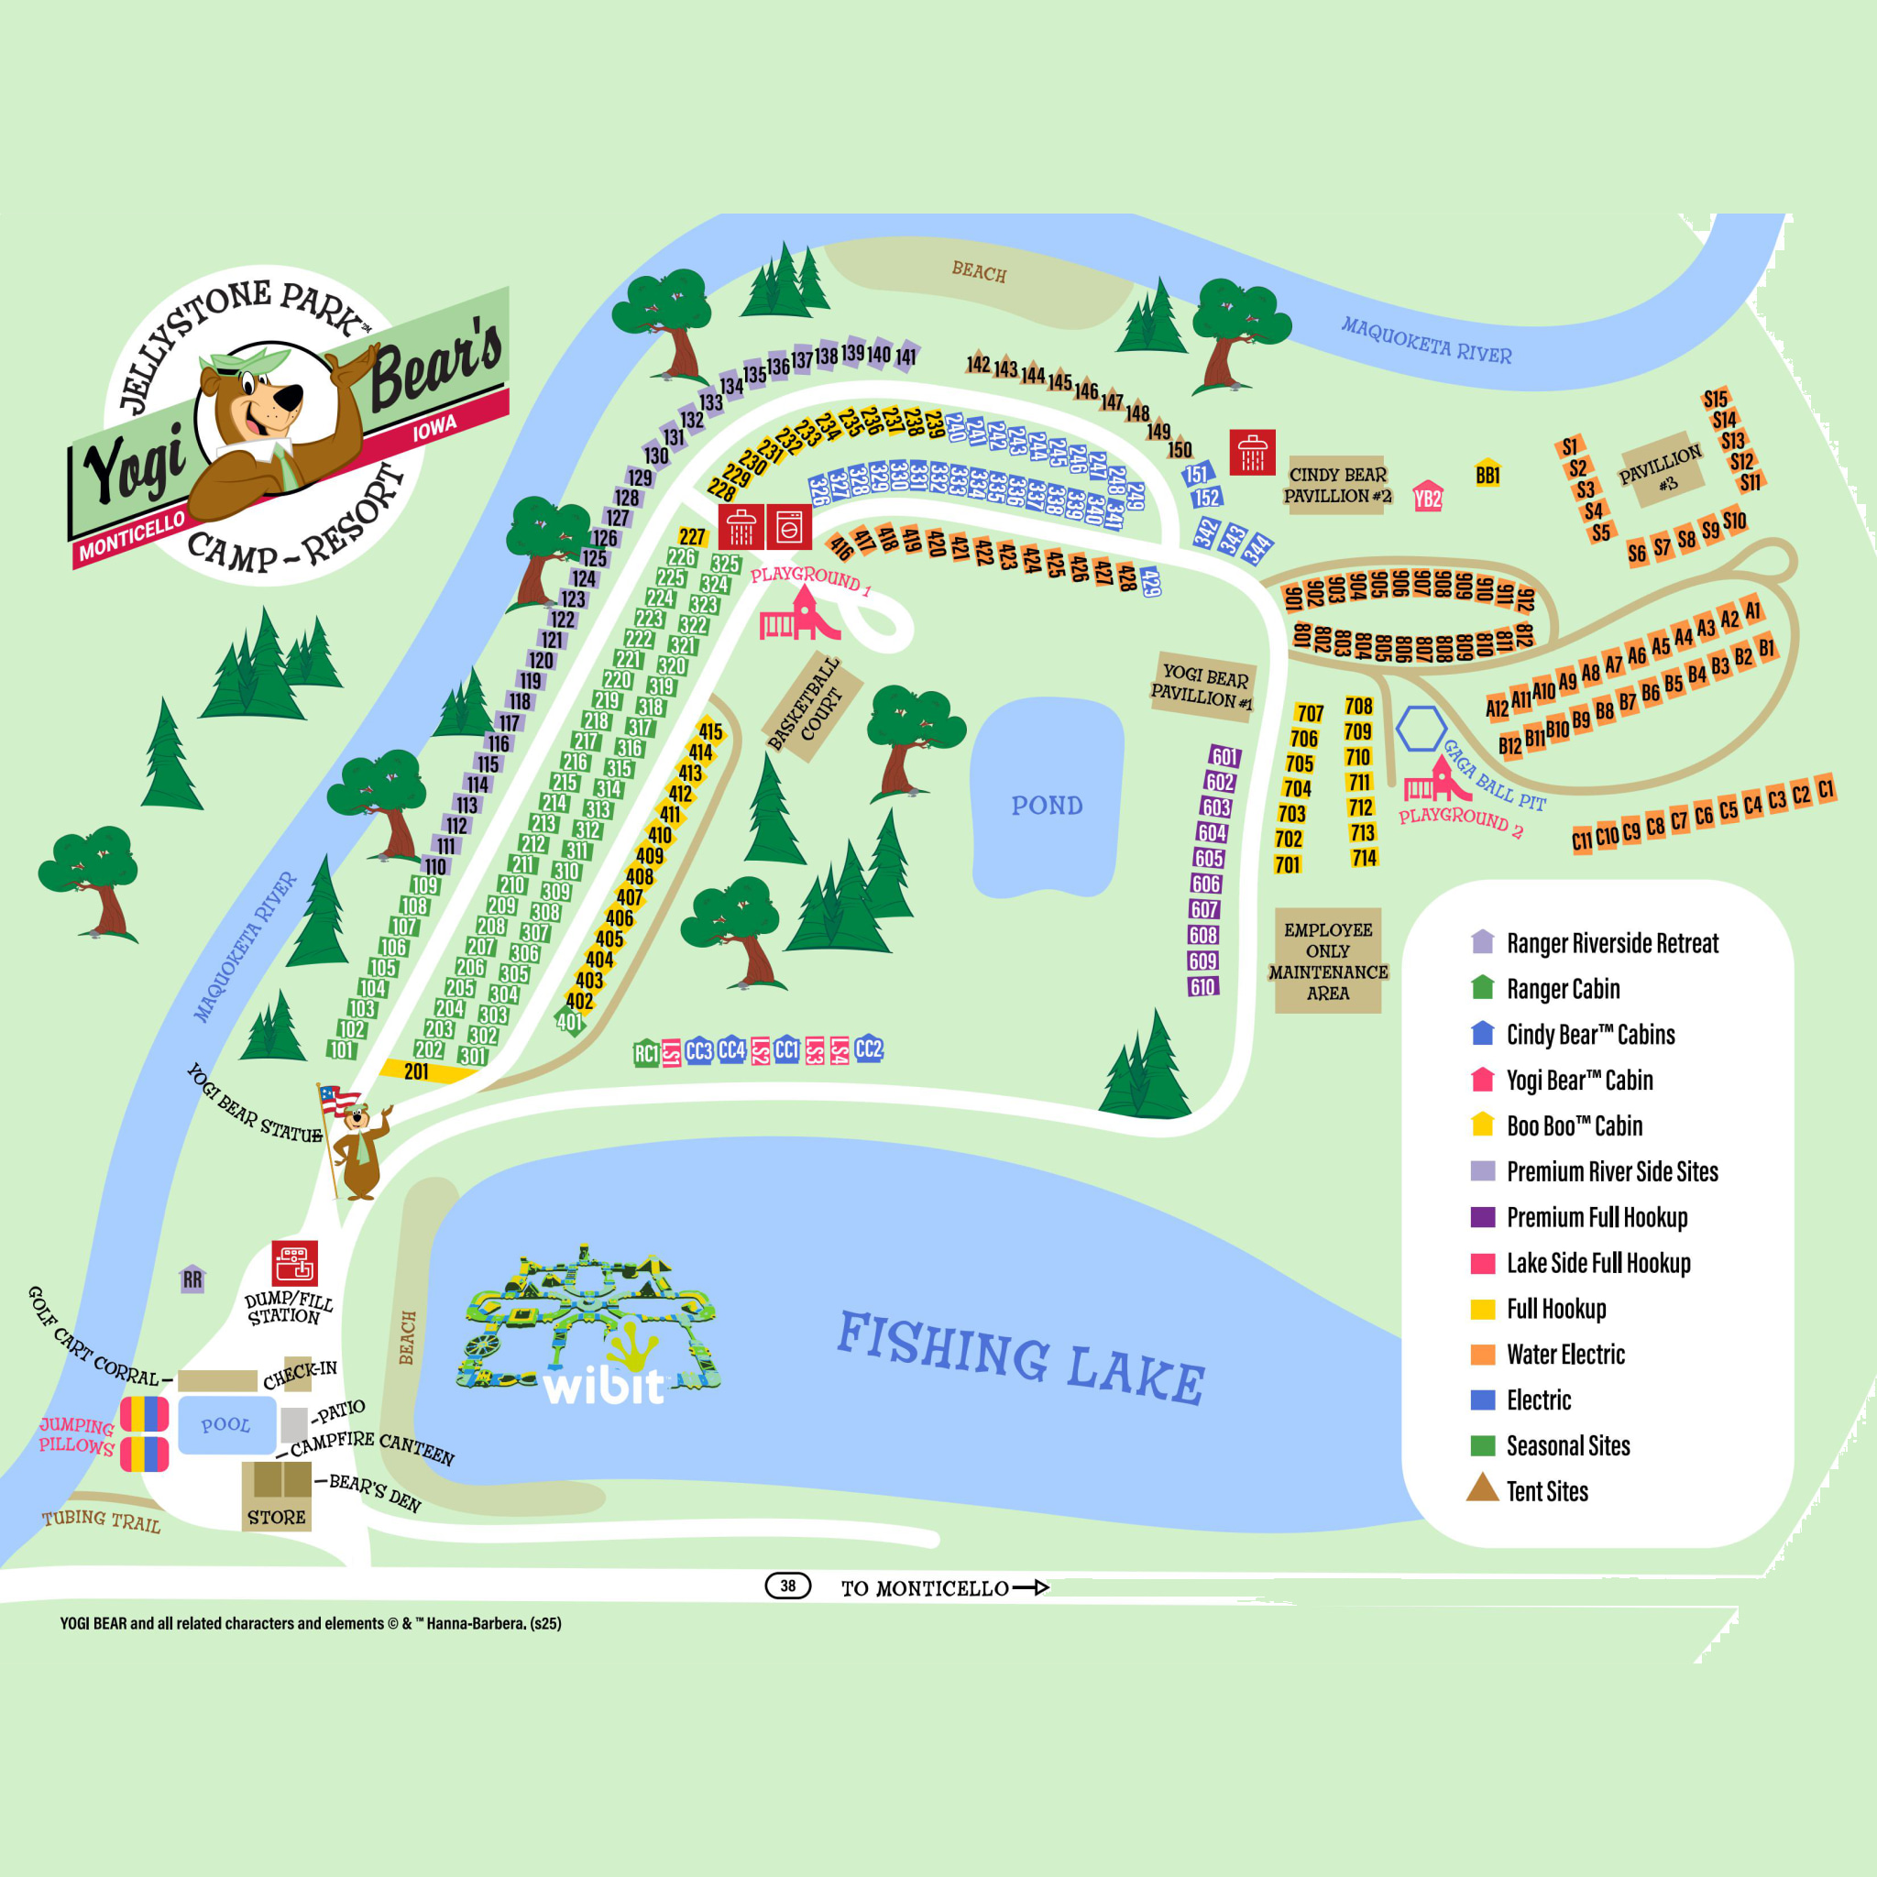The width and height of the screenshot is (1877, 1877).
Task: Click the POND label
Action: point(1047,806)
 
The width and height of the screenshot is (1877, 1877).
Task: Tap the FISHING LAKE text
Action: point(1020,1356)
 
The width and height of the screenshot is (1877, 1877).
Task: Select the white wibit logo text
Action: point(603,1387)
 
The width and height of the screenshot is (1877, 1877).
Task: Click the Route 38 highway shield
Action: point(787,1586)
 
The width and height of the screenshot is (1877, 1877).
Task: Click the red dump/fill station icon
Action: point(294,1263)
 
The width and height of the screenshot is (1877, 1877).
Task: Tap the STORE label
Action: point(276,1517)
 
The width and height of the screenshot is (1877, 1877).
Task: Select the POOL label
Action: point(225,1424)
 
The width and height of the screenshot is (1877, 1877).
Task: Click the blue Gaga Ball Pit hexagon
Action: point(1421,728)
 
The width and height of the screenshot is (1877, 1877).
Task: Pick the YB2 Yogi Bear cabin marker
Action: point(1427,499)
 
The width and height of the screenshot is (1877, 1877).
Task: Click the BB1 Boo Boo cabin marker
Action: point(1487,474)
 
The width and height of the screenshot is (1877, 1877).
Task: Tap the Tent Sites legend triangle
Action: point(1483,1487)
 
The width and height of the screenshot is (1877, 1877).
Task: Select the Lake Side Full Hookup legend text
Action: point(1598,1263)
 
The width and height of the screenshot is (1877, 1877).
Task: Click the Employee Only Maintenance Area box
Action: point(1327,960)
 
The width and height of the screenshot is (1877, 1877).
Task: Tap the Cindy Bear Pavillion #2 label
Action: point(1337,485)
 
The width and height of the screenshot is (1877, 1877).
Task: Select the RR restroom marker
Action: point(192,1279)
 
